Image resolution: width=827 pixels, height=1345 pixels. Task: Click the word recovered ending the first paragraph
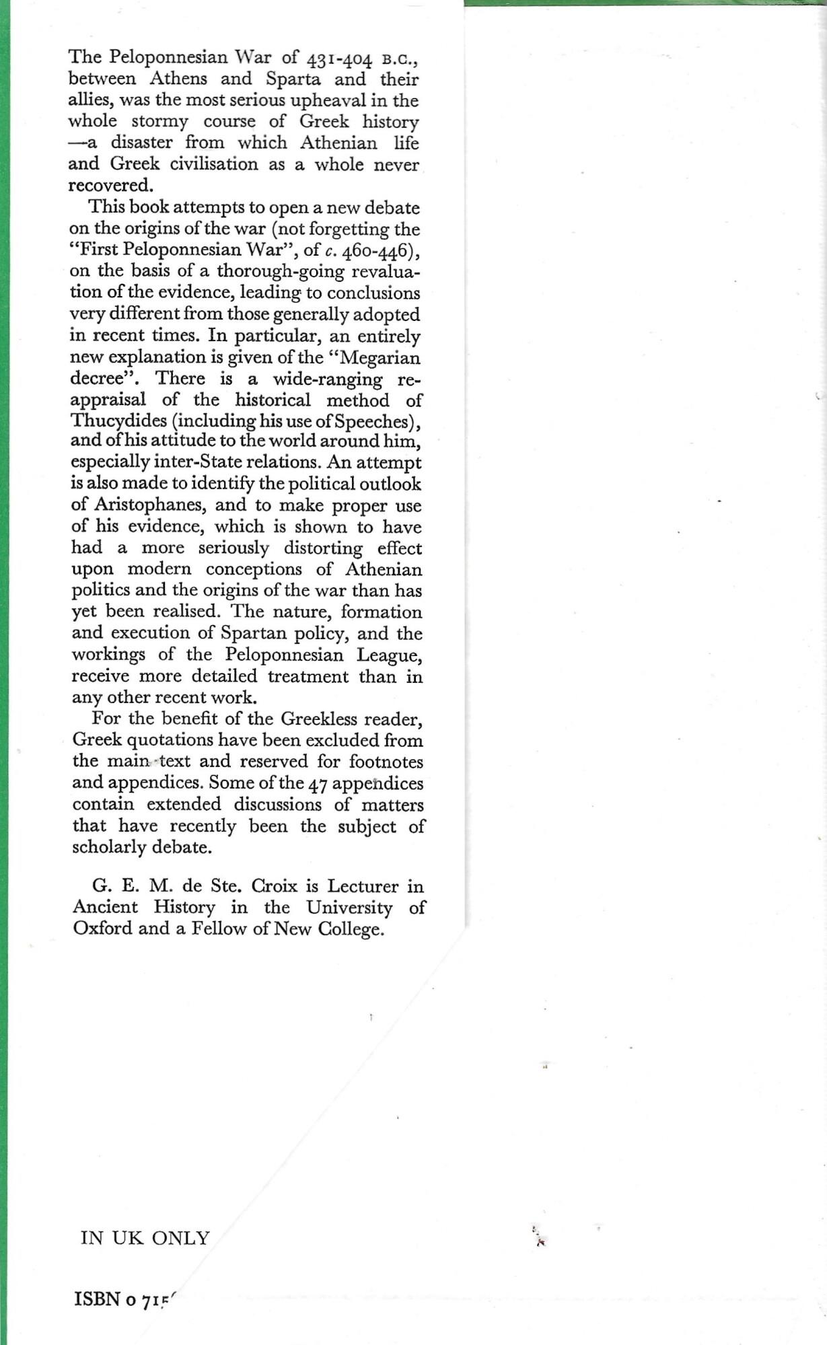coord(110,185)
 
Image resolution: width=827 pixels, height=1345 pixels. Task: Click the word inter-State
coord(248,462)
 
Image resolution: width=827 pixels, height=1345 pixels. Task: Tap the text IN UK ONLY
coord(145,1238)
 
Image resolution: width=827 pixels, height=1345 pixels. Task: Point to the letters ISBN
coord(96,1299)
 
